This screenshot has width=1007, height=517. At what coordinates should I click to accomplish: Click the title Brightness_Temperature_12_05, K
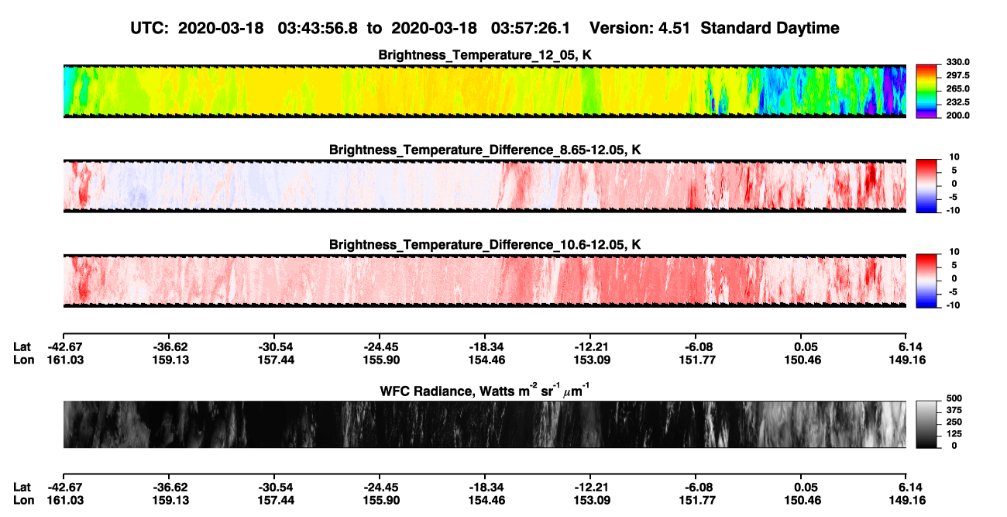pos(485,55)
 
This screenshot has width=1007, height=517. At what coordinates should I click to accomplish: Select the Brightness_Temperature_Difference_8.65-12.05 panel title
pos(485,150)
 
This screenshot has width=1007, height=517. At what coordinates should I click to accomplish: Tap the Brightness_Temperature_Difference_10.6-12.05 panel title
pos(485,245)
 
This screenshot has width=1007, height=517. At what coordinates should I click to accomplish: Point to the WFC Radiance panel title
pos(485,391)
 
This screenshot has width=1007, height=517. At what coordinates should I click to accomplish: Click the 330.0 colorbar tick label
pos(957,62)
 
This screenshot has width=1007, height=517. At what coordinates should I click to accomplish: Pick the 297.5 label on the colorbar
pos(957,75)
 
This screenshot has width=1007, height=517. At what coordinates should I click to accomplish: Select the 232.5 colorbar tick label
pos(957,102)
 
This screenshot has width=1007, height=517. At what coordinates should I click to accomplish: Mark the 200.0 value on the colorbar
pos(957,115)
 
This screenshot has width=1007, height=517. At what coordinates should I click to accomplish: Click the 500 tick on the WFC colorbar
pos(954,398)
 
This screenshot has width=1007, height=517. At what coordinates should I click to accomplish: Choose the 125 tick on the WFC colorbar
pos(954,434)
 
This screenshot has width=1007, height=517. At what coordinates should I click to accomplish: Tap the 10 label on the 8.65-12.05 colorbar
pos(954,157)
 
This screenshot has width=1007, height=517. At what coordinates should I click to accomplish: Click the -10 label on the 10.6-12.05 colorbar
pos(952,305)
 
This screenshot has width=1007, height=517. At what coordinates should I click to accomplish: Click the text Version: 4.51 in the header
pos(639,28)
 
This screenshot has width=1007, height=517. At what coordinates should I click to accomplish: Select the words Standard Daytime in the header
pos(770,28)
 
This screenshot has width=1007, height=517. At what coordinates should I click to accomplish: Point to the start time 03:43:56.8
pos(318,28)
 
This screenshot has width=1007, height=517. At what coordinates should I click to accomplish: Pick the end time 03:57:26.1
pos(531,28)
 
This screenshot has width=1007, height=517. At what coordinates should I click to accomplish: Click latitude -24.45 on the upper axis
pos(381,347)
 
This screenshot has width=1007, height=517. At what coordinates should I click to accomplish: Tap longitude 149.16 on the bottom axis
pos(907,501)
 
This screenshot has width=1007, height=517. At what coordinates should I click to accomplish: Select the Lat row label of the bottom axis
pos(22,488)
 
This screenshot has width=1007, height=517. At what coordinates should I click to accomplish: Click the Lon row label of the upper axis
pos(23,360)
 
